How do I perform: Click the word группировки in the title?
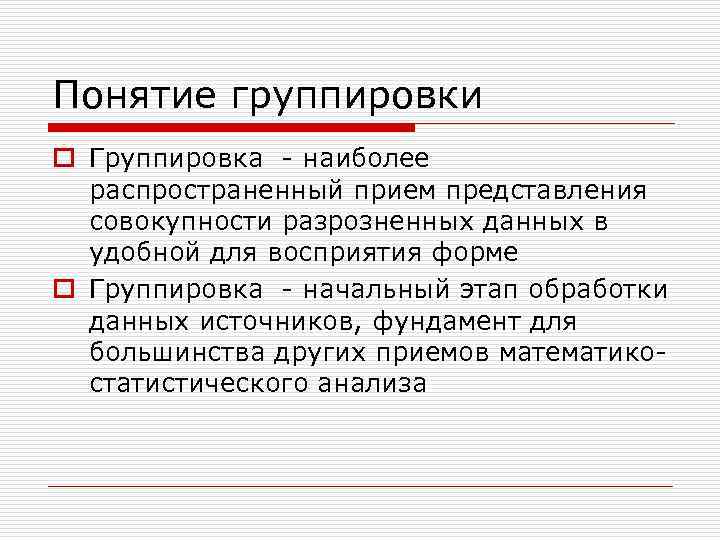coord(356,97)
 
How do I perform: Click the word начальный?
coord(385,289)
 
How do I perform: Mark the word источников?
coord(267,321)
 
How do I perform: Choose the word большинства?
coord(178,352)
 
